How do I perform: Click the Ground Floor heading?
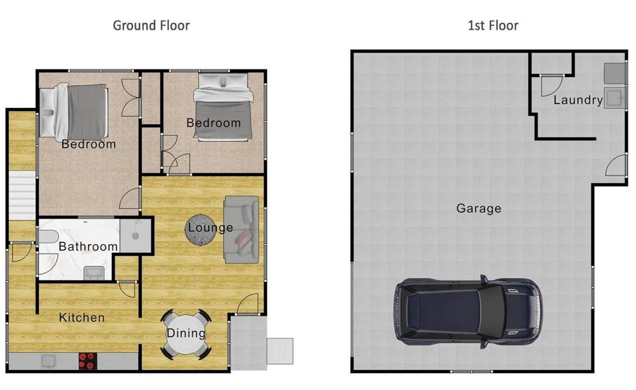[x=151, y=25]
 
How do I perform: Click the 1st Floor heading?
[x=493, y=25]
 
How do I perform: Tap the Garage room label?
[x=479, y=208]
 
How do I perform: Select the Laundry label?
[x=578, y=100]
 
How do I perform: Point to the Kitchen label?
[x=82, y=317]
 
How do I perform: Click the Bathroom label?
[x=88, y=247]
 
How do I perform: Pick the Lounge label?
[x=210, y=227]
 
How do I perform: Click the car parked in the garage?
[x=468, y=312]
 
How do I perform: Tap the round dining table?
[x=186, y=334]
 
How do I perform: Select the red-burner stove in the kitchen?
[x=88, y=361]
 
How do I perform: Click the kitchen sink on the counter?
[x=49, y=361]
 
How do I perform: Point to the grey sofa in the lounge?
[x=242, y=230]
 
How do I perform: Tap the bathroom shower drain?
[x=135, y=235]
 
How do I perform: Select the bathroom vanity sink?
[x=94, y=273]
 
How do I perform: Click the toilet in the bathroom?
[x=48, y=236]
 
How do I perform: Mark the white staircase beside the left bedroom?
[x=22, y=195]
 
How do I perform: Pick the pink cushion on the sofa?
[x=243, y=236]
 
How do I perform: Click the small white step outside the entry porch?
[x=280, y=351]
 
